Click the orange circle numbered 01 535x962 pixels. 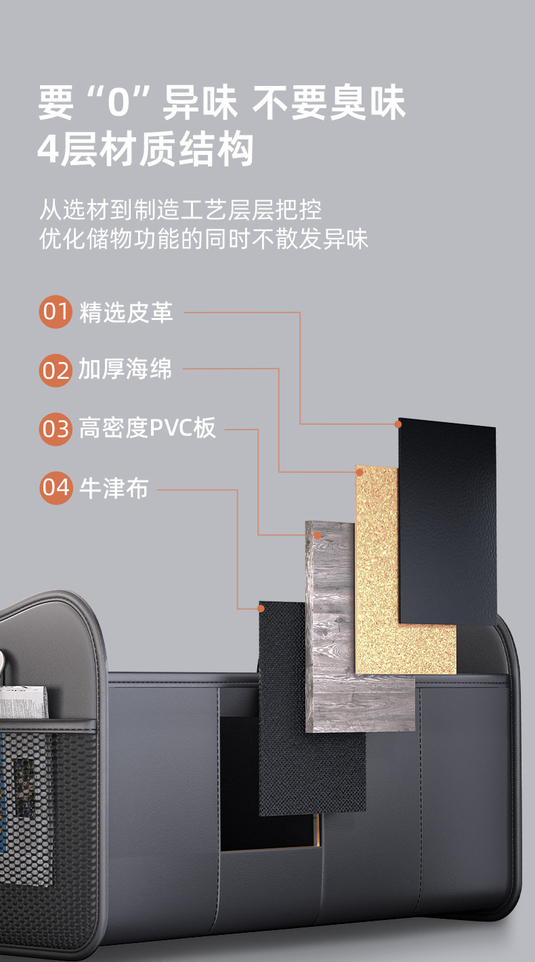point(56,312)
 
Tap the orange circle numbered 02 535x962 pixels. point(56,370)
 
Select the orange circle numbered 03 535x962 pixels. point(56,429)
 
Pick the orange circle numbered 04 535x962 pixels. point(56,487)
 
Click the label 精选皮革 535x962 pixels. point(126,312)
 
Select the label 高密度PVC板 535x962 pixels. point(148,428)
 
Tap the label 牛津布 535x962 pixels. point(114,487)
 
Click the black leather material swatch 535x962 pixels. point(448,521)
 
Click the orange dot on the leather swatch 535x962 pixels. point(398,424)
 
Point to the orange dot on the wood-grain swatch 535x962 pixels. point(317,535)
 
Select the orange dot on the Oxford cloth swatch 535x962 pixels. point(261,609)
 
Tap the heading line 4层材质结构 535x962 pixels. point(146,150)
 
